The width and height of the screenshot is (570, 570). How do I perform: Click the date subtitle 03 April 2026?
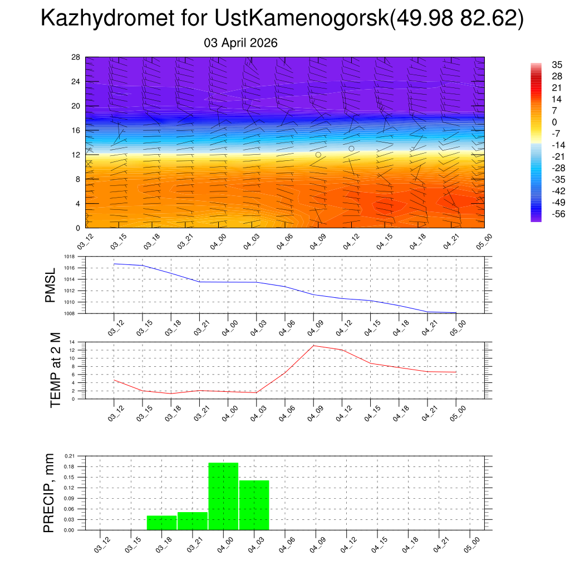point(241,43)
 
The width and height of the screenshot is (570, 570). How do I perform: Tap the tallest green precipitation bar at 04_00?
point(223,496)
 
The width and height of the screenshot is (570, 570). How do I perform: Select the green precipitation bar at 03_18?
point(161,523)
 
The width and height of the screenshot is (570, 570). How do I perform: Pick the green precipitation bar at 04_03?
point(254,505)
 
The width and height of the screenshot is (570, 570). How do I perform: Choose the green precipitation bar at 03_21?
point(193,521)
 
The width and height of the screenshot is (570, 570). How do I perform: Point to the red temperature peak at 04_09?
point(313,346)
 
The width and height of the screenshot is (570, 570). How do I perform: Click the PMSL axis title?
point(50,286)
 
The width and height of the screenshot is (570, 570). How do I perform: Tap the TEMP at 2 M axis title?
point(55,370)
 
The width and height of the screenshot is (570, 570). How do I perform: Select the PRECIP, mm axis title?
point(50,493)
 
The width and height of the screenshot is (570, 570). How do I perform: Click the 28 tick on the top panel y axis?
point(76,57)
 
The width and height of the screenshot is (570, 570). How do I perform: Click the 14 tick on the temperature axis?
point(72,342)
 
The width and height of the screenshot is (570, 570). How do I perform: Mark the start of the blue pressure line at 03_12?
point(114,264)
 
